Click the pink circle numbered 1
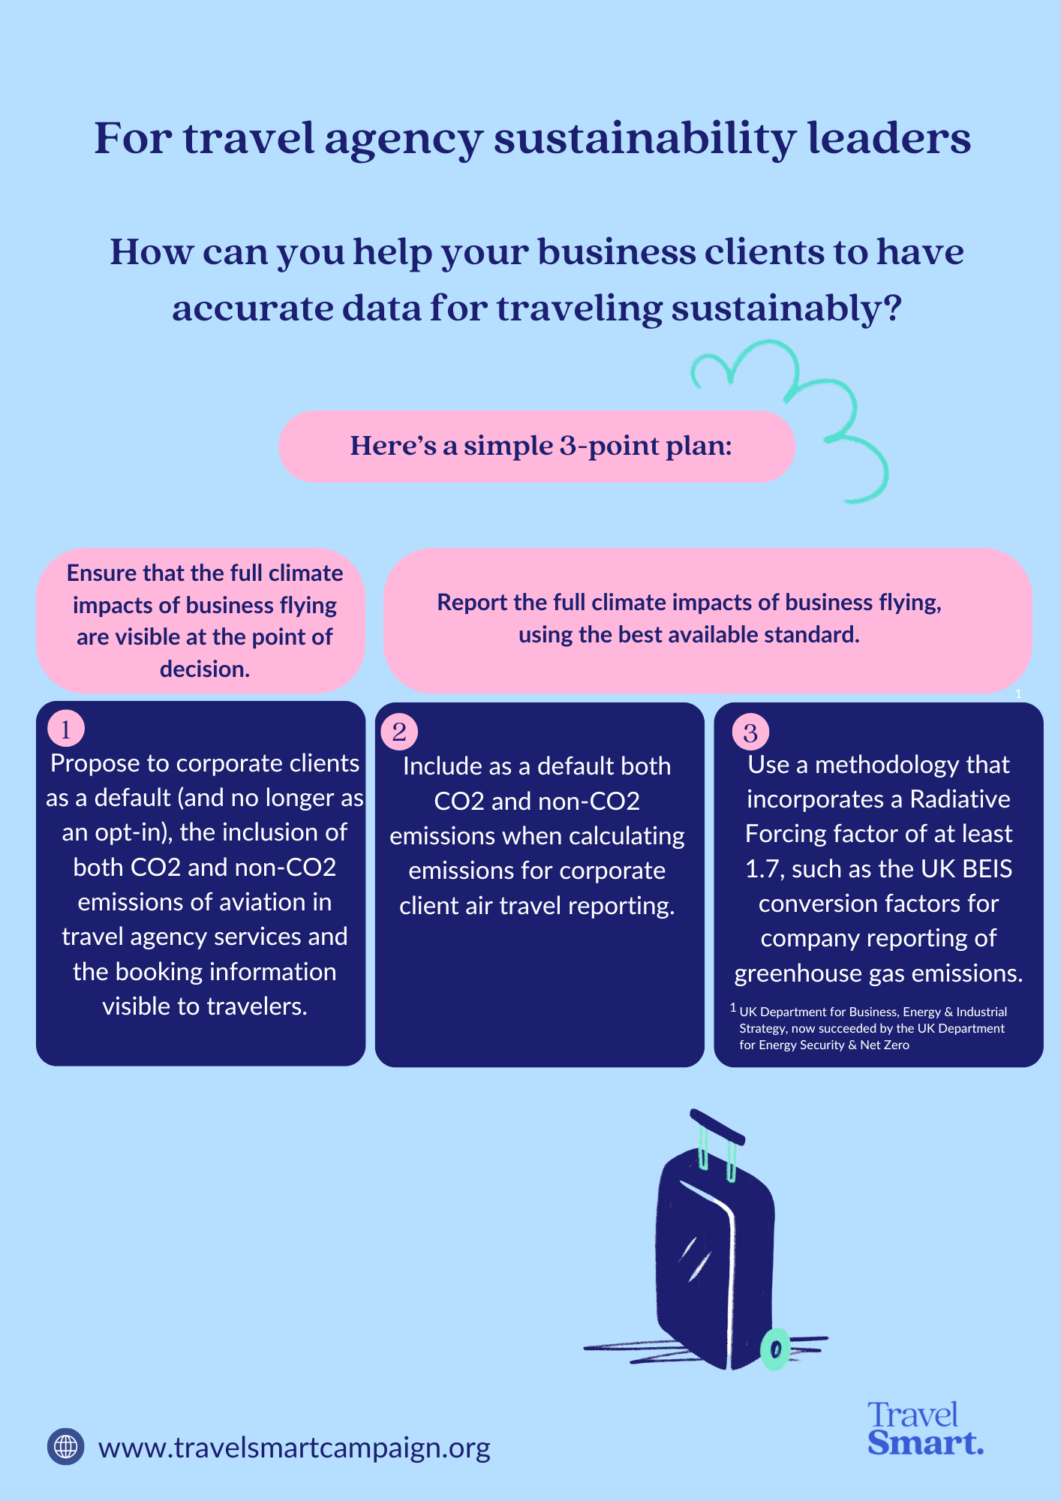(x=66, y=729)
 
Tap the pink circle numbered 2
(x=399, y=732)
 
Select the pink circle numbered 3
(x=750, y=732)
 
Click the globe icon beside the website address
(x=66, y=1446)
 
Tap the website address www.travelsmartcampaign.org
(x=294, y=1448)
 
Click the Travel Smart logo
(x=924, y=1429)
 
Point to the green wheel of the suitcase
(x=775, y=1349)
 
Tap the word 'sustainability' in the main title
(x=643, y=140)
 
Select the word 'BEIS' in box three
(x=987, y=869)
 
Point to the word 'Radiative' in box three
(x=960, y=799)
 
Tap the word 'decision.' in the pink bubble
(x=204, y=669)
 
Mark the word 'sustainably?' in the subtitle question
(x=786, y=308)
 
